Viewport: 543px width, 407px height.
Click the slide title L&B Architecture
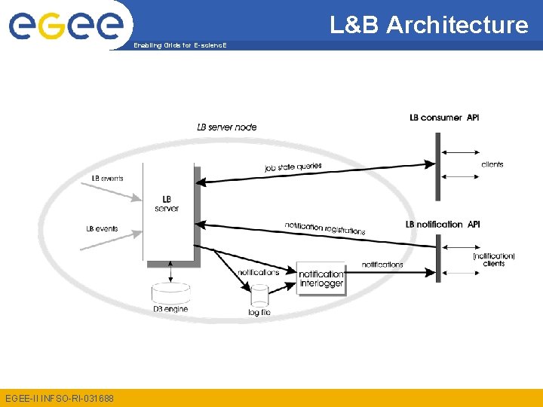[x=429, y=25]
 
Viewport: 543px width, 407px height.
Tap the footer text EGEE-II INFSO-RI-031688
[x=58, y=397]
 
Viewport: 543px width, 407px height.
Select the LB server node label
[x=227, y=127]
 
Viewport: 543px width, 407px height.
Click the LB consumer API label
[x=444, y=118]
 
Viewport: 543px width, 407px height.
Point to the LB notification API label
[x=443, y=225]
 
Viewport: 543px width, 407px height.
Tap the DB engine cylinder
[x=171, y=293]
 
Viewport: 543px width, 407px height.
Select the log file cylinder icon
[x=259, y=295]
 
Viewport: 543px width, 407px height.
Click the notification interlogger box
[x=321, y=279]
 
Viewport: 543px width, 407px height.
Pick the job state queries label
[x=293, y=167]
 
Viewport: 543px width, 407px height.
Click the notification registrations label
[x=325, y=228]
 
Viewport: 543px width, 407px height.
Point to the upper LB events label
[x=107, y=179]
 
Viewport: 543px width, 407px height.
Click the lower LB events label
[x=102, y=229]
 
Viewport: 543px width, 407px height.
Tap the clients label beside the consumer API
[x=492, y=164]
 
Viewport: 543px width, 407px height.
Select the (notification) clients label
[x=494, y=260]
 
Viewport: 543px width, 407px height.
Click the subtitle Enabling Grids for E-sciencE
[x=179, y=46]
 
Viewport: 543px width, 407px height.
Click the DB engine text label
[x=170, y=310]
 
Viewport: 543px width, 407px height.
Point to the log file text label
[x=259, y=312]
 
